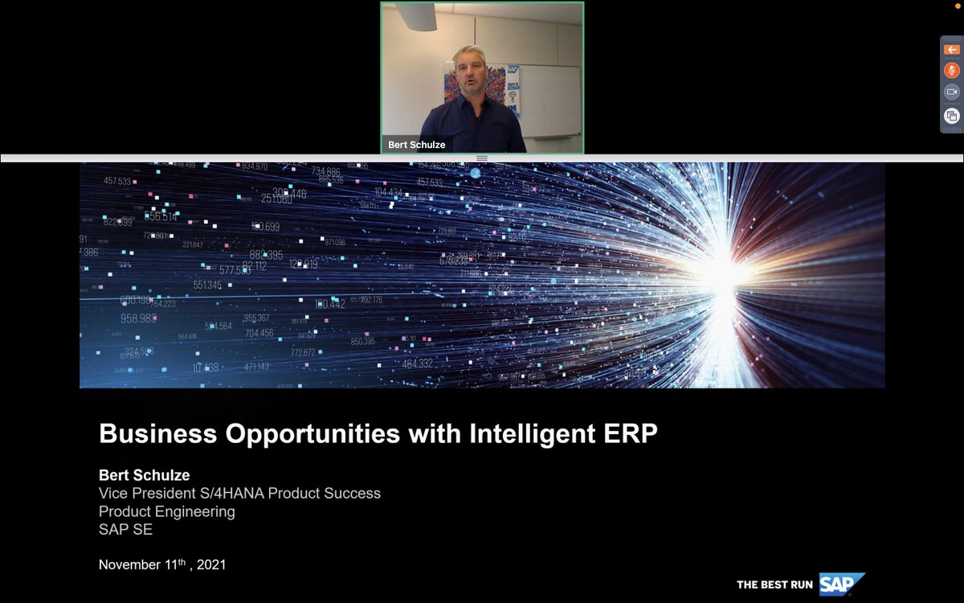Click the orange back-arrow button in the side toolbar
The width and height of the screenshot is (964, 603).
click(951, 50)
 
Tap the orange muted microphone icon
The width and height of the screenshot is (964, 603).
click(951, 70)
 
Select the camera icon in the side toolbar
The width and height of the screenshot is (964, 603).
click(951, 92)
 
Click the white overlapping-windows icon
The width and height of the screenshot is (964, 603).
click(951, 116)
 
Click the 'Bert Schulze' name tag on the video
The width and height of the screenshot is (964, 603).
click(416, 145)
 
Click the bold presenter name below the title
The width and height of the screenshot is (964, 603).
click(144, 475)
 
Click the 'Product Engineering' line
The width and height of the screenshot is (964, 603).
click(166, 511)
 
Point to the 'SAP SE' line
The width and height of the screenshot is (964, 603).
click(125, 530)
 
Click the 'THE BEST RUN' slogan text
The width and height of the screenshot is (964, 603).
click(774, 585)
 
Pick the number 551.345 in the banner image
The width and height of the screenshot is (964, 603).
click(208, 285)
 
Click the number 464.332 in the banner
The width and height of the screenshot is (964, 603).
click(418, 364)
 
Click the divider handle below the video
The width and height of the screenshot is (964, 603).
click(482, 158)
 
